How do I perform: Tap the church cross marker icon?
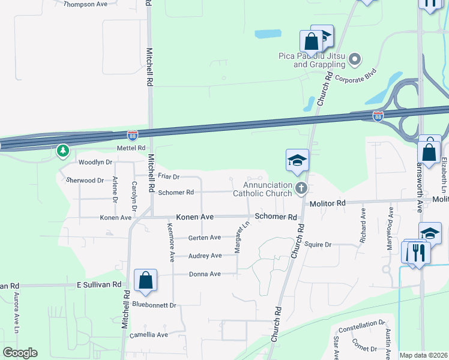click(x=301, y=189)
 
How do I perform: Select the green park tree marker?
click(x=63, y=151)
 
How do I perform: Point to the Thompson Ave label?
click(x=85, y=4)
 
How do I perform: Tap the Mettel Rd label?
click(x=131, y=148)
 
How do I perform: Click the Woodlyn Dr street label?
click(x=95, y=162)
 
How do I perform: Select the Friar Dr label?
click(x=169, y=177)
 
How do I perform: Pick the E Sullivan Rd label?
click(x=98, y=284)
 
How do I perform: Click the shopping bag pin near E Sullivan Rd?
click(x=145, y=280)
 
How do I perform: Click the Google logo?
click(x=20, y=353)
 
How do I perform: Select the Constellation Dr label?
click(x=361, y=328)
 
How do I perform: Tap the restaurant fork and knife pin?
click(x=419, y=253)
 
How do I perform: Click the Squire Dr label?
click(x=318, y=245)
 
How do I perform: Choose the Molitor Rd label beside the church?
click(x=328, y=204)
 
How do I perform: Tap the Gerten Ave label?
click(x=205, y=238)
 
